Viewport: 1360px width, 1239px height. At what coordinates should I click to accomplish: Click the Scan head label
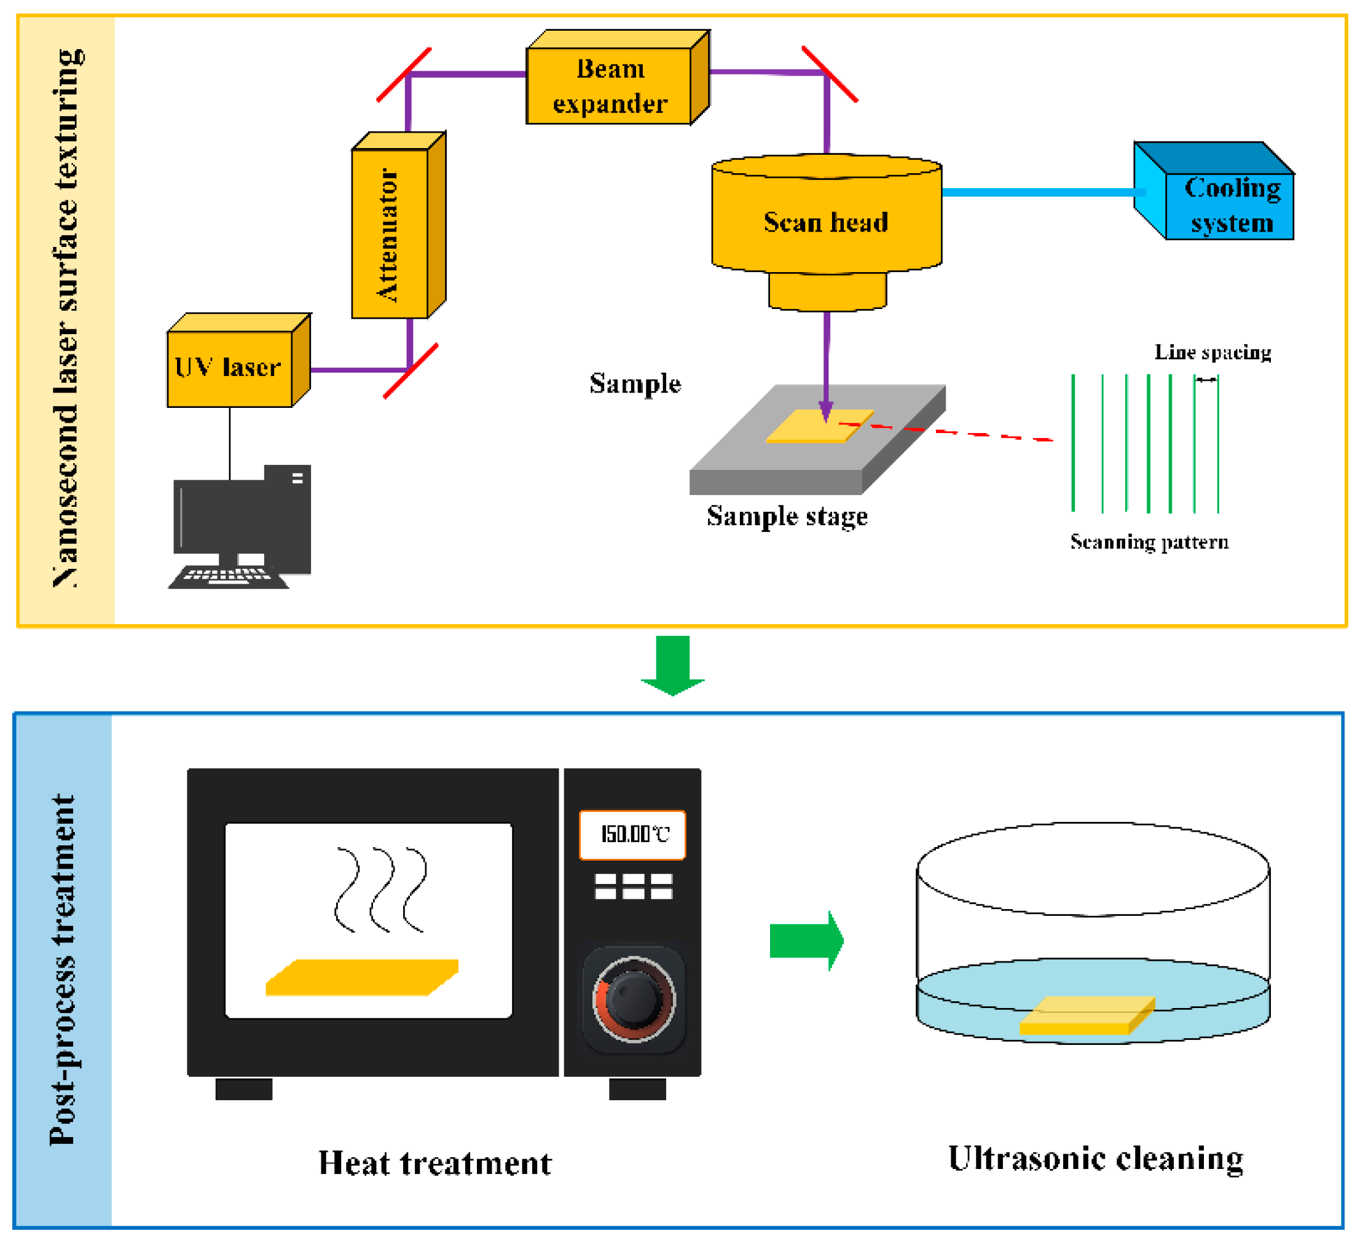(826, 222)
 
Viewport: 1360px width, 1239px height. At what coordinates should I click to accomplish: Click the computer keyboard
(228, 577)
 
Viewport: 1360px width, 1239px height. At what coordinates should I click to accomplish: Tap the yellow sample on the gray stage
(819, 426)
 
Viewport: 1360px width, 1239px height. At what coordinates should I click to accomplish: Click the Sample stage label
(787, 517)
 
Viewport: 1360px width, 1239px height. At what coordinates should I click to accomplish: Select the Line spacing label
(1213, 352)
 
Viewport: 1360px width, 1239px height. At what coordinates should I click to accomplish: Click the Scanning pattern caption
(1149, 542)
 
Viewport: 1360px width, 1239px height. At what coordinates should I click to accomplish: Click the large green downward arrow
(672, 665)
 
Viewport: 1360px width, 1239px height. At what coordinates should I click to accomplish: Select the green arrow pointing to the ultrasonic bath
(806, 940)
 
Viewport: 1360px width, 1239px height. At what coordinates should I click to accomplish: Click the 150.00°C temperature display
(632, 835)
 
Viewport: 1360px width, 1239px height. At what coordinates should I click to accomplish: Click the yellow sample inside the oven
(361, 977)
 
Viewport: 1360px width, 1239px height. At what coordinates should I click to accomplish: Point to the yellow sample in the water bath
(1086, 1015)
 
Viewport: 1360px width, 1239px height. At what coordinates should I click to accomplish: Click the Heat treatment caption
(435, 1163)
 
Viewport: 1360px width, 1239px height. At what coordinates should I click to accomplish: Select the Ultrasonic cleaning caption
(1095, 1159)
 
